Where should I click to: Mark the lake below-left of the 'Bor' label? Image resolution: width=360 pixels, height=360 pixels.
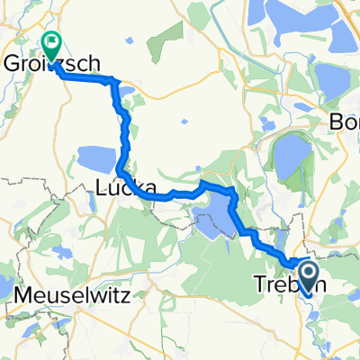tap(290, 155)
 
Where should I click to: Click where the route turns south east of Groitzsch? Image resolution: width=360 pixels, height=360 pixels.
tap(114, 82)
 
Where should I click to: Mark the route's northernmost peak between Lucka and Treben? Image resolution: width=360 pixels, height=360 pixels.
tap(204, 184)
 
